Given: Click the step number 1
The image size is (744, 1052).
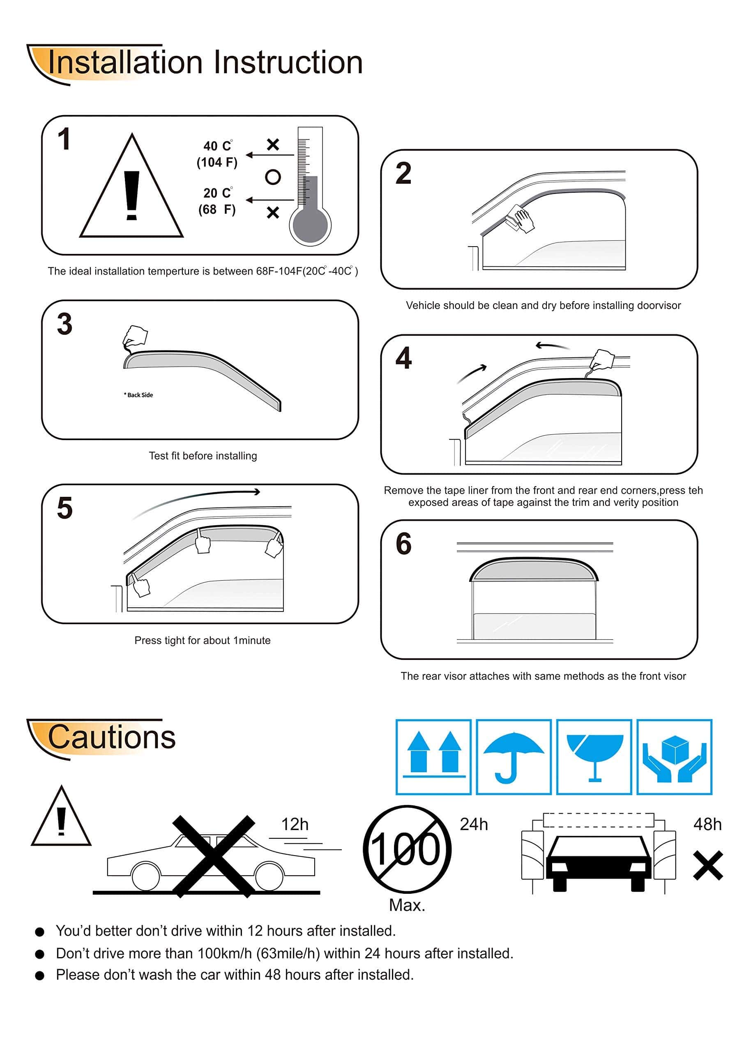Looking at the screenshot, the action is pyautogui.click(x=64, y=139).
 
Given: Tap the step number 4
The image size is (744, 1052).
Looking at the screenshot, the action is pyautogui.click(x=403, y=358).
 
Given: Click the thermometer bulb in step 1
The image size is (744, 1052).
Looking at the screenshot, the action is pyautogui.click(x=310, y=225).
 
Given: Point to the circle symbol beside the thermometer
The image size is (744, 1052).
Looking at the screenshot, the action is pyautogui.click(x=273, y=177).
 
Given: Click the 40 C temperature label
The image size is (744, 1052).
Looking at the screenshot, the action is pyautogui.click(x=218, y=146).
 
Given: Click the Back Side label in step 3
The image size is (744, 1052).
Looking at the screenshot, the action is pyautogui.click(x=138, y=395).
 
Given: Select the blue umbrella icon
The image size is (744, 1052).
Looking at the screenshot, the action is pyautogui.click(x=514, y=757).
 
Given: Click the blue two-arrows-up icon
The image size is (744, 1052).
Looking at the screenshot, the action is pyautogui.click(x=433, y=757).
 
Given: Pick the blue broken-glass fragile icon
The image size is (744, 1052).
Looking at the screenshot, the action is pyautogui.click(x=594, y=757).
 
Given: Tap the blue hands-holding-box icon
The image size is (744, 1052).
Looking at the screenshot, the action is pyautogui.click(x=674, y=757).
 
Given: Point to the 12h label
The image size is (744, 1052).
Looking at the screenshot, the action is pyautogui.click(x=295, y=824).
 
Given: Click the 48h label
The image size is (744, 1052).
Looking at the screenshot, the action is pyautogui.click(x=707, y=824).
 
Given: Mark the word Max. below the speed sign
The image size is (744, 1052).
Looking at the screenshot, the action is pyautogui.click(x=407, y=905).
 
